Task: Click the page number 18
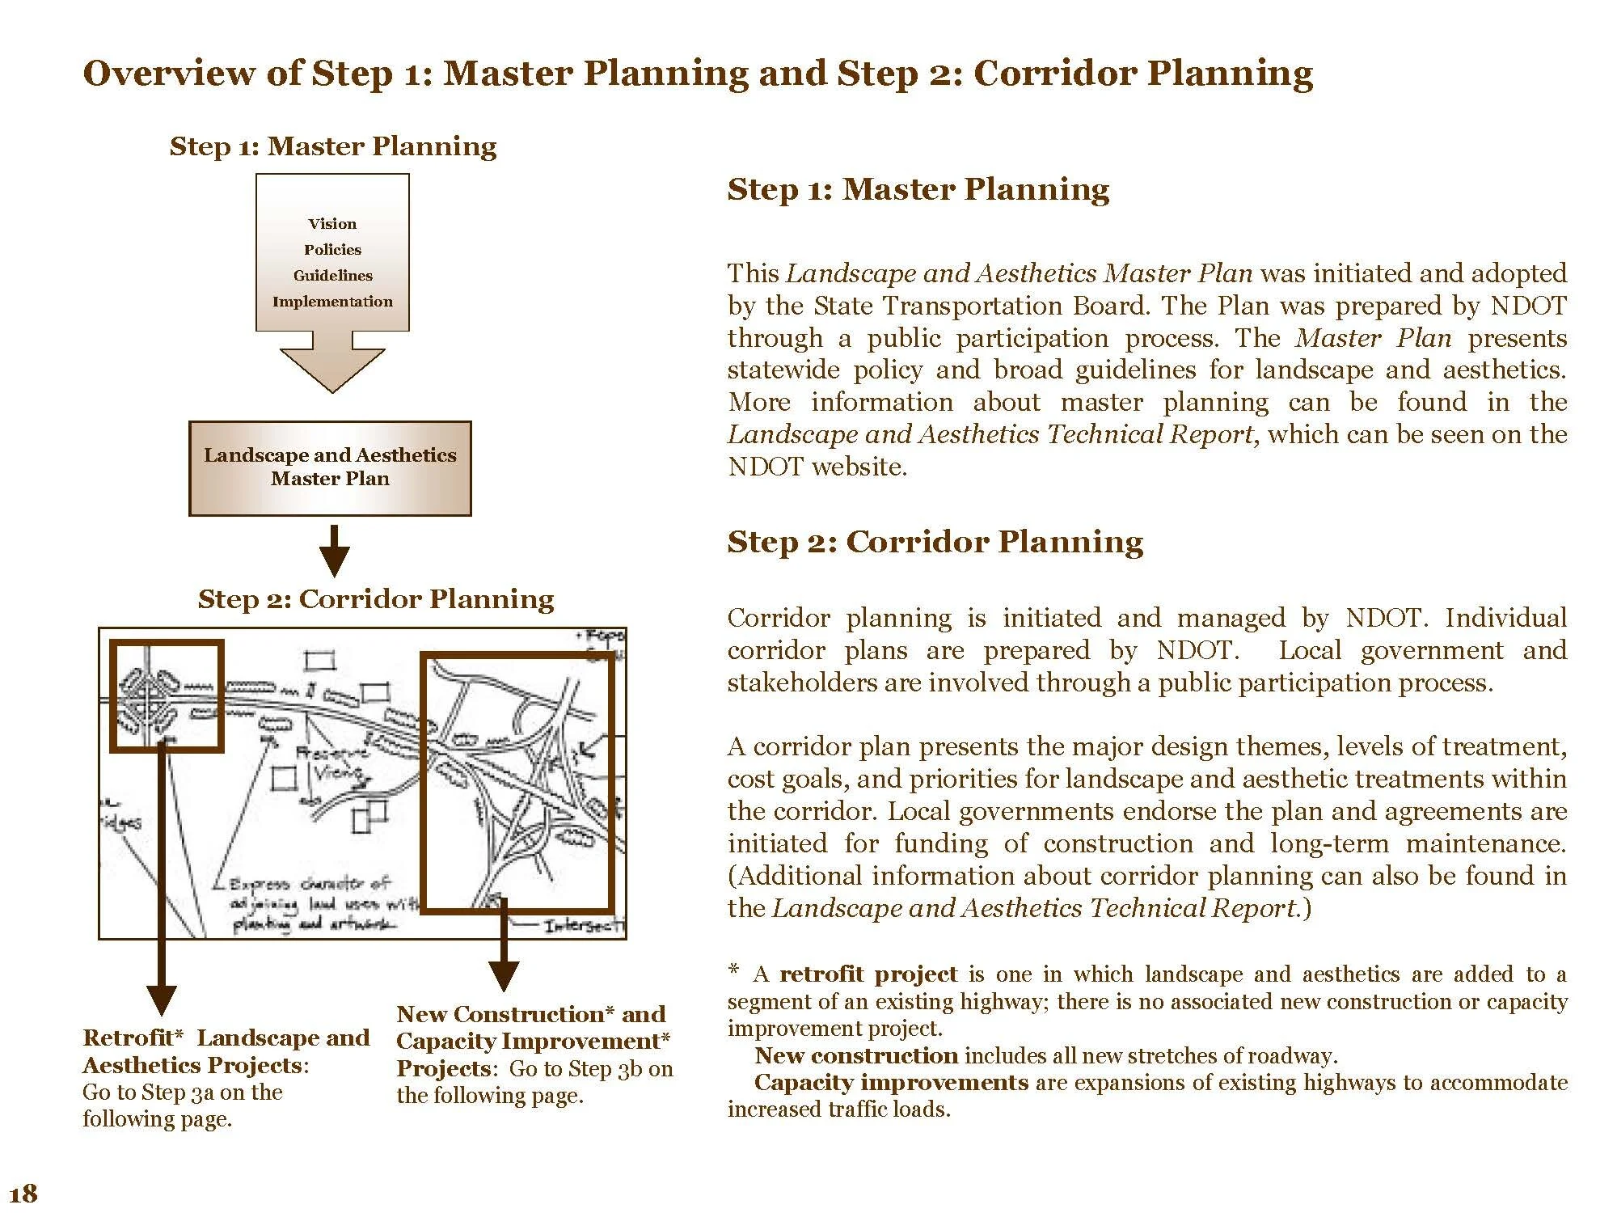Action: point(23,1194)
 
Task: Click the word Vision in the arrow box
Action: point(332,224)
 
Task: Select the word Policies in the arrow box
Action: point(332,250)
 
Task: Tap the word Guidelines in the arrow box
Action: point(332,276)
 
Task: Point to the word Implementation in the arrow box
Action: point(332,302)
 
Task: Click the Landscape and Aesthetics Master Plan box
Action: point(330,467)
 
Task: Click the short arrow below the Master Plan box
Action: point(334,551)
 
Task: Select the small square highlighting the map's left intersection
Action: point(167,696)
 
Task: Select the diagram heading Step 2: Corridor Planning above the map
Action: point(376,599)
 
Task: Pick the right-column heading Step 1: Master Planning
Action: point(918,189)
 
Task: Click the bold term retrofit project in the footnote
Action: point(868,974)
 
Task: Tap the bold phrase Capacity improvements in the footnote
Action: point(891,1083)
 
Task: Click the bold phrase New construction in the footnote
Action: point(856,1056)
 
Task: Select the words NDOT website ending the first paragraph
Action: point(817,467)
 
